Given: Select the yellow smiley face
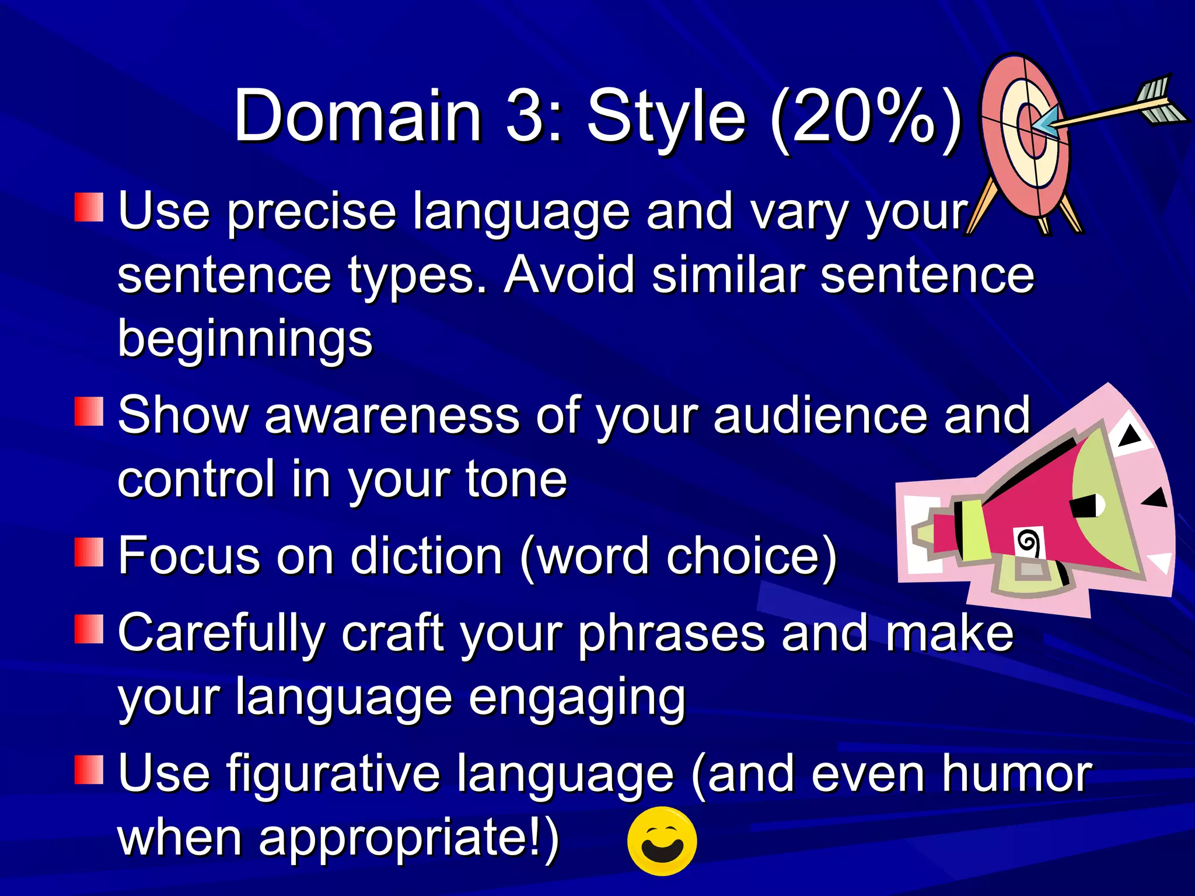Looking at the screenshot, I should (662, 841).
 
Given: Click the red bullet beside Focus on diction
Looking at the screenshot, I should (89, 552).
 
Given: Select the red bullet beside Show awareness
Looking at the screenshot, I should (89, 412).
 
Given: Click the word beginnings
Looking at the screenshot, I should (245, 338).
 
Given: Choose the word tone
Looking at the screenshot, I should (516, 480).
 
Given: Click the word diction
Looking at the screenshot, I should (426, 556).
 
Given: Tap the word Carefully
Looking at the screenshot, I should (222, 634).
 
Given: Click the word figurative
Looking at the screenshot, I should (333, 774).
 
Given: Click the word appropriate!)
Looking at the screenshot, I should (408, 838).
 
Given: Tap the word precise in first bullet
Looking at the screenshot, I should (312, 212).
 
